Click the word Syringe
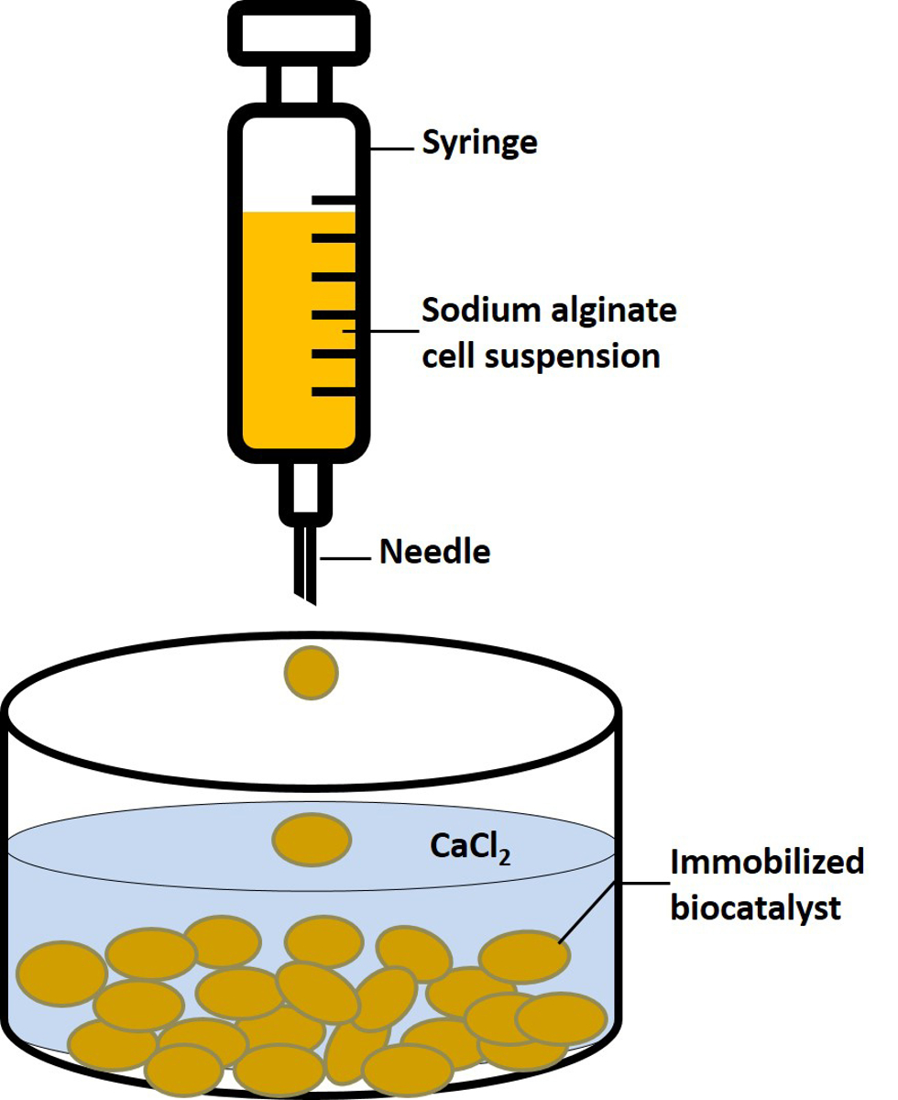[479, 143]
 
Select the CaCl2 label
[470, 847]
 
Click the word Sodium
[481, 310]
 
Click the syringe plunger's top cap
[300, 33]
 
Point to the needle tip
[314, 604]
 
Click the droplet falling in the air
[312, 672]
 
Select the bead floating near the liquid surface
[312, 840]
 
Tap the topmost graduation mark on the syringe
[334, 200]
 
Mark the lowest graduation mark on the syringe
[334, 391]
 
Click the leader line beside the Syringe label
[393, 149]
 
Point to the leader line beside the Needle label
[345, 558]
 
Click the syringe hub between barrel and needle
[305, 494]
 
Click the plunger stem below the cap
[300, 84]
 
